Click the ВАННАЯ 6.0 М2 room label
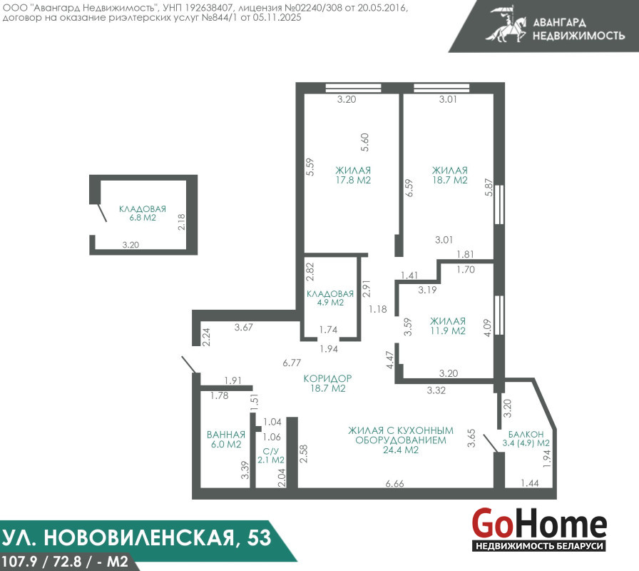[226, 439]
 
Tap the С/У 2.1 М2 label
[271, 455]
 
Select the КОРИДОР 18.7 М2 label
[327, 383]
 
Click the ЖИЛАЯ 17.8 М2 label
[353, 175]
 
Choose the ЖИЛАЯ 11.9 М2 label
[447, 326]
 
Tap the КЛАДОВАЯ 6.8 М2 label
[143, 213]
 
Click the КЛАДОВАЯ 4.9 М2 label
[330, 298]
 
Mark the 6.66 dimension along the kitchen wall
[394, 484]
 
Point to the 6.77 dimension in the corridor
[292, 363]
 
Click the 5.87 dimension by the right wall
[489, 188]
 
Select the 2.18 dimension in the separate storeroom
[181, 222]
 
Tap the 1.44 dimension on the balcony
[530, 483]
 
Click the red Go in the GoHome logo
[491, 523]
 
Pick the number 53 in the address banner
[259, 537]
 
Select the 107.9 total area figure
[20, 562]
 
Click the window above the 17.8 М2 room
[353, 88]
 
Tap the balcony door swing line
[490, 443]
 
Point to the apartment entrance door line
[190, 365]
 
